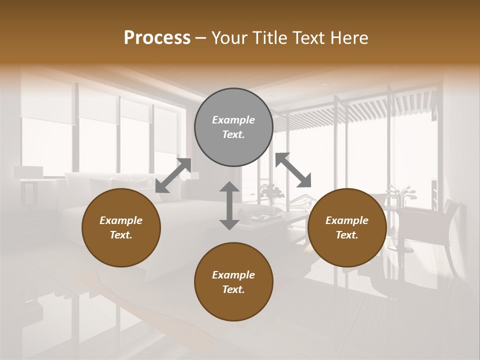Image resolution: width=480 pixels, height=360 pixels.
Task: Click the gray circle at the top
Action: tap(233, 127)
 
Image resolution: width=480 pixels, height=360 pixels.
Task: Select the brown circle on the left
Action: tap(121, 227)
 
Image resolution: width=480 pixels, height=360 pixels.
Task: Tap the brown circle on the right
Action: tap(347, 227)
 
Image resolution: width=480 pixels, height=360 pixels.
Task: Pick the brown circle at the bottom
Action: tap(233, 282)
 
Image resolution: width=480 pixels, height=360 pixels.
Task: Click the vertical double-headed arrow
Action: tap(229, 205)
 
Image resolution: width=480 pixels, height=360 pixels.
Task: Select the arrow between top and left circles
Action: tap(173, 175)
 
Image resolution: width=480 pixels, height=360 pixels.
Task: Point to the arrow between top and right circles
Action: tap(293, 170)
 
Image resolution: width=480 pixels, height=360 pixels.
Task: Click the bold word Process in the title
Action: tap(157, 37)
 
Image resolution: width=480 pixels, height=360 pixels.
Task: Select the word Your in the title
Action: tap(228, 37)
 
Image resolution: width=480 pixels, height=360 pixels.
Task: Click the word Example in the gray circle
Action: tap(233, 120)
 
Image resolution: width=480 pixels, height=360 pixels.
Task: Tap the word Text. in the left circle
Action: tap(121, 235)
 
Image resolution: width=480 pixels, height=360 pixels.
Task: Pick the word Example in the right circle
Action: tap(347, 220)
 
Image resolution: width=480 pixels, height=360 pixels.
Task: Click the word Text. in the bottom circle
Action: tap(233, 289)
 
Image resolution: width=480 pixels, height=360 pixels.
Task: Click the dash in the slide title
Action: tap(201, 38)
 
